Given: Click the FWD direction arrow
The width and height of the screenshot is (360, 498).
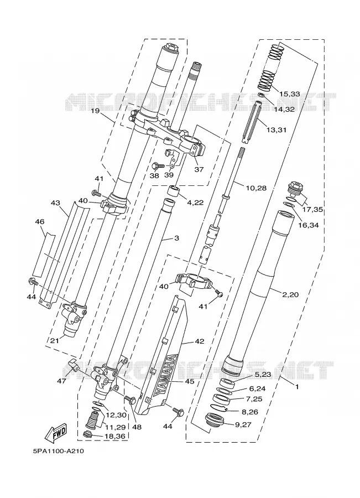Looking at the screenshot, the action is [x=56, y=432].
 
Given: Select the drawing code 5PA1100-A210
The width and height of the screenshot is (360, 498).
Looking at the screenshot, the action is [x=59, y=451].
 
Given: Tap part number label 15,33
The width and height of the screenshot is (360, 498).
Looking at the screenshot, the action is [x=289, y=94].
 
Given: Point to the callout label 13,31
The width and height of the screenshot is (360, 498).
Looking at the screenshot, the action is [x=276, y=129].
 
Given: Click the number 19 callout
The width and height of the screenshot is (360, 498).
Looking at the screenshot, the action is [x=95, y=111].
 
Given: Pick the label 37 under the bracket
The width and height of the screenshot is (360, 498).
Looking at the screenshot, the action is [x=199, y=169].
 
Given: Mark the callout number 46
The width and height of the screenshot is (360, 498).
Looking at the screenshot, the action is [x=40, y=221].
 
